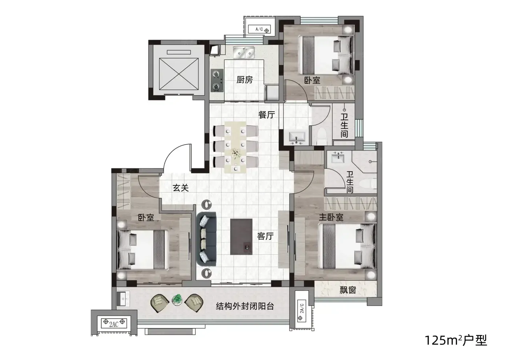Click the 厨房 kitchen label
click(x=244, y=80)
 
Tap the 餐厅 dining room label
click(x=266, y=115)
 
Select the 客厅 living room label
click(x=265, y=236)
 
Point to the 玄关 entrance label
click(x=181, y=188)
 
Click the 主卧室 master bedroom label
click(x=331, y=217)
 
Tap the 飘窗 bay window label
click(x=348, y=290)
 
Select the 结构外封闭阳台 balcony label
click(x=245, y=306)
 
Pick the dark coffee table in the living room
click(x=241, y=237)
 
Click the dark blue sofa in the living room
click(x=206, y=239)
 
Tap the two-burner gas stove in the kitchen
click(x=217, y=80)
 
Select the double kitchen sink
click(x=244, y=52)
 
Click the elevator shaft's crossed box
click(x=179, y=74)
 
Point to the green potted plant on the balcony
click(x=177, y=300)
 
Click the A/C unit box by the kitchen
click(x=259, y=29)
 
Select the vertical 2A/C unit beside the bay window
click(x=301, y=311)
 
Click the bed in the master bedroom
click(x=347, y=246)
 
